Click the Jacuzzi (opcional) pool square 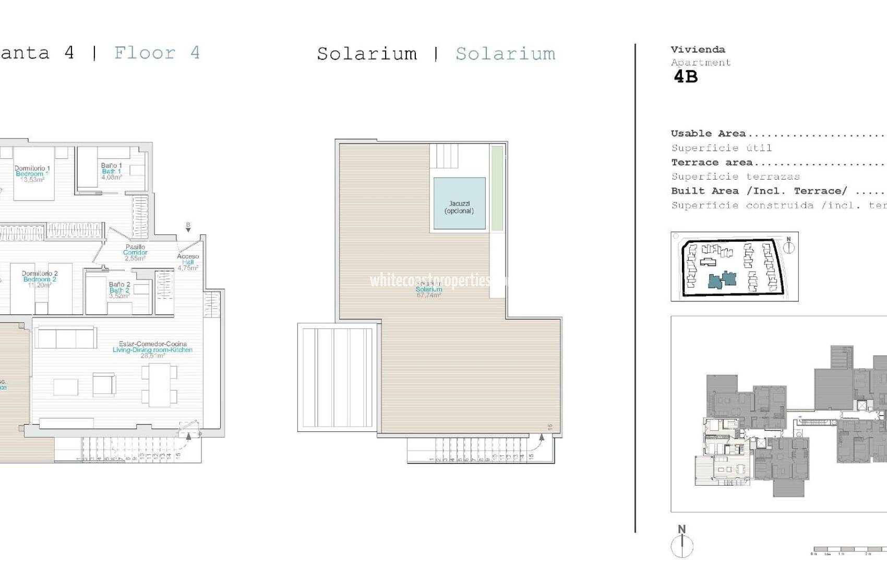pyautogui.click(x=459, y=204)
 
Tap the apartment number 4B pyautogui.click(x=686, y=77)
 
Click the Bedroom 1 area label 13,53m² pyautogui.click(x=32, y=180)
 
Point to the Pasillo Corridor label pyautogui.click(x=135, y=250)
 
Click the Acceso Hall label pyautogui.click(x=188, y=260)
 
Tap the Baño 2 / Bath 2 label pyautogui.click(x=119, y=288)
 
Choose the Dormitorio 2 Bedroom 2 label pyautogui.click(x=40, y=276)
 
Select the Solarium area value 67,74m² pyautogui.click(x=429, y=296)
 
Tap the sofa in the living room pyautogui.click(x=66, y=338)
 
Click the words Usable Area pyautogui.click(x=708, y=134)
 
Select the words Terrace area pyautogui.click(x=712, y=162)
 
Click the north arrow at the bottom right pyautogui.click(x=682, y=544)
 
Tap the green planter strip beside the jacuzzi pyautogui.click(x=497, y=188)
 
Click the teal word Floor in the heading pyautogui.click(x=145, y=53)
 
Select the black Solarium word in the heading pyautogui.click(x=367, y=54)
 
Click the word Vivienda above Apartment pyautogui.click(x=698, y=50)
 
